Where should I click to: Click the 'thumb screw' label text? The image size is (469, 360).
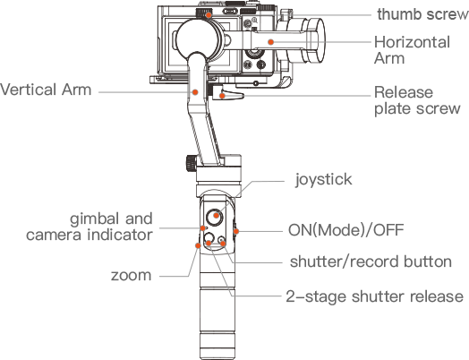422,14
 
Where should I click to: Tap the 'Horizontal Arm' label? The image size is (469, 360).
412,50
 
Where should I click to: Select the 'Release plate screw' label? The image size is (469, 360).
417,100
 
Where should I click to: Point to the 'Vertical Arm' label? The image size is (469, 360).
46,90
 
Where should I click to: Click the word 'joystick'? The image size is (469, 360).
323,180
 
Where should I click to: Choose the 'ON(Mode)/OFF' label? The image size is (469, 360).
345,230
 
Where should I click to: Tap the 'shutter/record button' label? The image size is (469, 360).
371,261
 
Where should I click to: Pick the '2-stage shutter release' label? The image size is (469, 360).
374,296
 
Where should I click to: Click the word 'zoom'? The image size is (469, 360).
131,275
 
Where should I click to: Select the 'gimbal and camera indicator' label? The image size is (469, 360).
90,227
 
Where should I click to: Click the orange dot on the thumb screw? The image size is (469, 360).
209,14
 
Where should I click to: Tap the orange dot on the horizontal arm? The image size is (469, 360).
270,42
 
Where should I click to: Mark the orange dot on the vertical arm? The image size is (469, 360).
195,92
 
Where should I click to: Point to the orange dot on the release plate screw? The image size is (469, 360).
222,96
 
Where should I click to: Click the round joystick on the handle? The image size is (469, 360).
214,217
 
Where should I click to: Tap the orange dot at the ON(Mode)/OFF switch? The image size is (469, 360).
236,231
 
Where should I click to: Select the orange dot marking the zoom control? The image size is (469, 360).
198,245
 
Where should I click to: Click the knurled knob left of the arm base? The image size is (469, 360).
191,163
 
